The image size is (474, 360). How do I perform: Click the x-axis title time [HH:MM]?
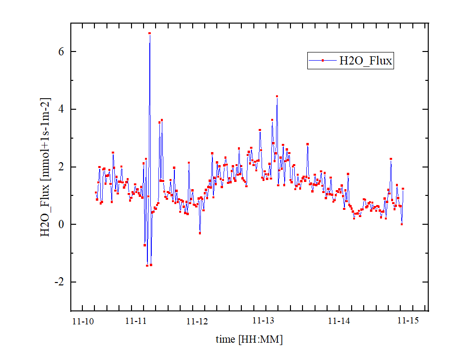pos(249,339)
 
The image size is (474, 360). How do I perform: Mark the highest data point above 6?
pos(150,34)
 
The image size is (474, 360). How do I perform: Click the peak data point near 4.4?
pos(277,96)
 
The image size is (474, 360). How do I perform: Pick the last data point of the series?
pos(403,189)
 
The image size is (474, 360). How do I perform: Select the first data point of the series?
pos(96,193)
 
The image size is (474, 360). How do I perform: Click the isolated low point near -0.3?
pos(200,233)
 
